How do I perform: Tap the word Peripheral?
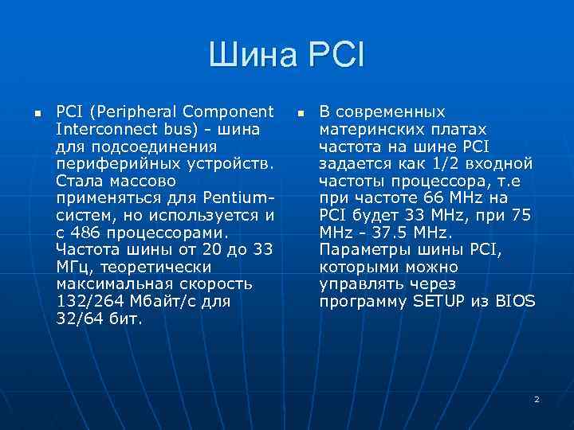tap(132, 111)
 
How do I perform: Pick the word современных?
tap(390, 111)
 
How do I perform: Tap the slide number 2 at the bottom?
tap(537, 398)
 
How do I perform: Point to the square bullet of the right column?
tap(300, 112)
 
